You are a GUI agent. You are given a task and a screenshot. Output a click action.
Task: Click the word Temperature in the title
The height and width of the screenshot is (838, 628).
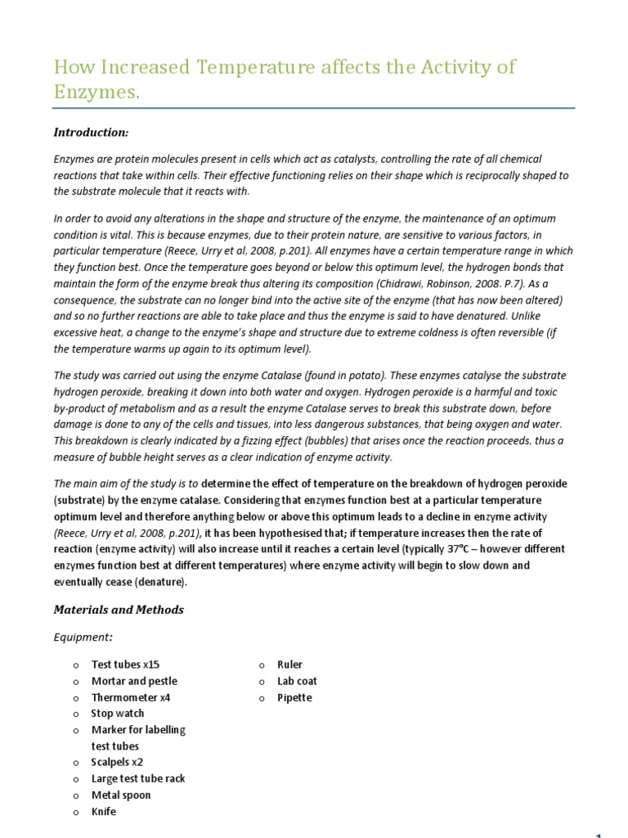[x=243, y=66]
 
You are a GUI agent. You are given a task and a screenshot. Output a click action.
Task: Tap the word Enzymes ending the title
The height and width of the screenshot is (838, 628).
[x=95, y=93]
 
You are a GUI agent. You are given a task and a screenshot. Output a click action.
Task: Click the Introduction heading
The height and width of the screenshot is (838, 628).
[x=91, y=133]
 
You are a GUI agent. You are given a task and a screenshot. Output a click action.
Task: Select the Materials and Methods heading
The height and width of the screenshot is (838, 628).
[x=119, y=610]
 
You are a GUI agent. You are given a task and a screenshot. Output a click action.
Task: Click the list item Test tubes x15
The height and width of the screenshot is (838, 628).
[x=125, y=665]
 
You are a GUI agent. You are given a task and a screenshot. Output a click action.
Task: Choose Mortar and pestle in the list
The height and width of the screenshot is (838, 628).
[x=134, y=681]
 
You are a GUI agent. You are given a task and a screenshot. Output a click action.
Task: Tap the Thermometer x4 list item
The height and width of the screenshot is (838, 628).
[x=131, y=697]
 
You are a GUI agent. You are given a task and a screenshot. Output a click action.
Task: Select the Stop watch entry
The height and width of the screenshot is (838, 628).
[x=118, y=714]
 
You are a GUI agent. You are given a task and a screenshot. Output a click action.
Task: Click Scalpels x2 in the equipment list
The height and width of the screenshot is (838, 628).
[x=117, y=762]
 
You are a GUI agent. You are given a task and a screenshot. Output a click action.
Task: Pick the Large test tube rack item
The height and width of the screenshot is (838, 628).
[x=138, y=778]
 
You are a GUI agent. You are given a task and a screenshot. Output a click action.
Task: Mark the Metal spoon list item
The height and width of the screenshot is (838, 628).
[x=121, y=795]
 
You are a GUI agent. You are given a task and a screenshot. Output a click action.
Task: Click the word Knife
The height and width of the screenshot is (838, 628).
[x=104, y=811]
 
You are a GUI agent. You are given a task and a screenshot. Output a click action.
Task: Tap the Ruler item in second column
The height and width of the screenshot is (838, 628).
[x=289, y=665]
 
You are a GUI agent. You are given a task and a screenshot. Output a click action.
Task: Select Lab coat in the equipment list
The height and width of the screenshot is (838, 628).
[x=297, y=681]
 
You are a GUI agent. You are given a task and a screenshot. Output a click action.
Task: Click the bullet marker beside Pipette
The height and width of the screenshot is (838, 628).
[x=262, y=698]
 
